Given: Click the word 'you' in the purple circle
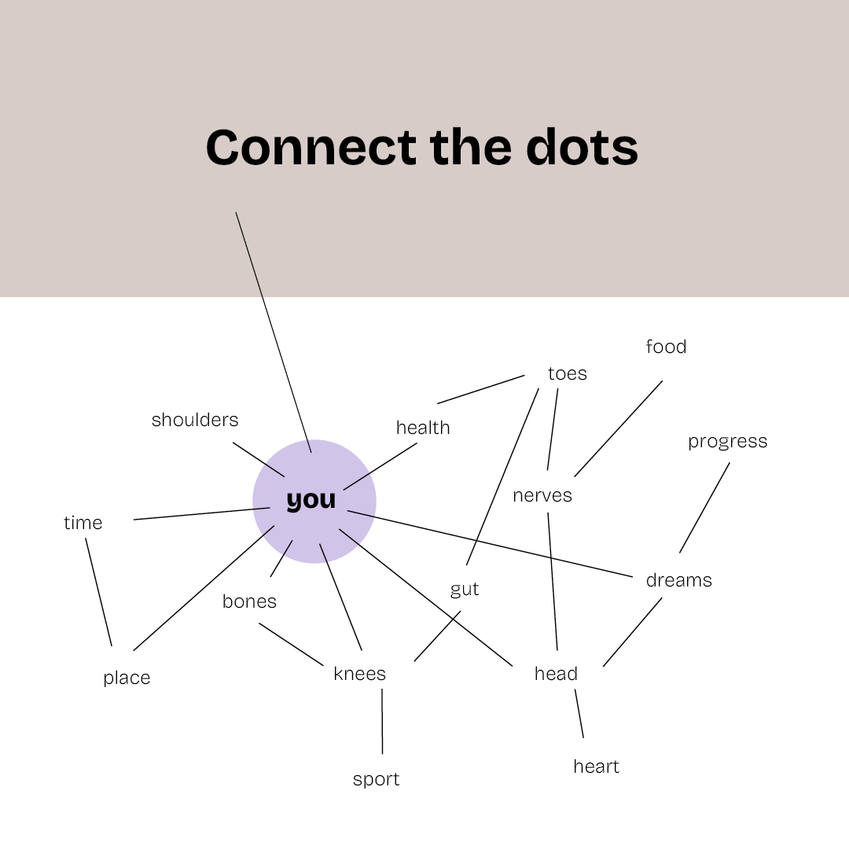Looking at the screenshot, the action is (x=311, y=500).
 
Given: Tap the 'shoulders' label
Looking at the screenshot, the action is (x=195, y=420).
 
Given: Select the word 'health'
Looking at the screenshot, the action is (x=423, y=428).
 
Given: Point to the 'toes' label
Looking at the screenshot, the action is (x=568, y=373).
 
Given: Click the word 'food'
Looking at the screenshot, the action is (x=666, y=347).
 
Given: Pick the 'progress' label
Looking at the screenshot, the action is (x=727, y=442).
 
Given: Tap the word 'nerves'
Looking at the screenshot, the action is (x=542, y=495).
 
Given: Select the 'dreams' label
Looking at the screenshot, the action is (x=678, y=580).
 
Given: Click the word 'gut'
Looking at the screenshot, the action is (x=465, y=590).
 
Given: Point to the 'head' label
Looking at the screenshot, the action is (x=556, y=674).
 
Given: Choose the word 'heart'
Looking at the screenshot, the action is (x=596, y=766).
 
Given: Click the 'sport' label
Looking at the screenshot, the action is (x=376, y=779).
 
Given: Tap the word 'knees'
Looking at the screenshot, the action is (x=359, y=674).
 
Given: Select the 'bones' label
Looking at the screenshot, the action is (x=249, y=601).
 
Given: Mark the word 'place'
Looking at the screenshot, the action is (x=127, y=678).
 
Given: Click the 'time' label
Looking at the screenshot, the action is (x=83, y=523).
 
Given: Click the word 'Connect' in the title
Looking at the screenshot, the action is (x=311, y=147).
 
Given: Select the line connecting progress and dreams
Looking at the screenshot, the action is (x=704, y=507).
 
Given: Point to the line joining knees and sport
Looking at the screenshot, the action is (x=382, y=722).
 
